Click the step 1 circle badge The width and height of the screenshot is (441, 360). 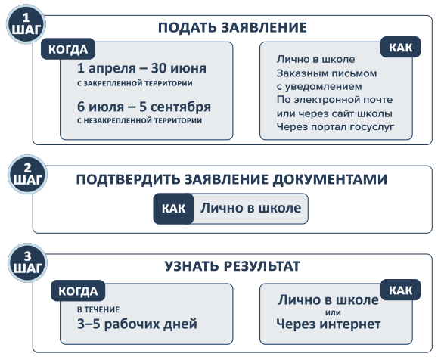point(26,24)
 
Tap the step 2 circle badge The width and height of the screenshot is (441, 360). point(27,175)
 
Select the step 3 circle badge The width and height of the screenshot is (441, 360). point(27,262)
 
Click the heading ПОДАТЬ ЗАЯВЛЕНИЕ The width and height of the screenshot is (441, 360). point(232,27)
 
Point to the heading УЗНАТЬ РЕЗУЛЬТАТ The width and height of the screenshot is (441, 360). point(232,266)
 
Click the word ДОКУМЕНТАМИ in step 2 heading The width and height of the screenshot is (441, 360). point(330,179)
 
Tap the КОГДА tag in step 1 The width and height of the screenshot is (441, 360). point(68,49)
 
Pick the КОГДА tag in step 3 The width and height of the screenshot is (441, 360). point(78,291)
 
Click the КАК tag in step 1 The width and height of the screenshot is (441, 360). point(400,47)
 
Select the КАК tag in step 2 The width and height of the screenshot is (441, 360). point(173,209)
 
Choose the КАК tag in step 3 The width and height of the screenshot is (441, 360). point(400,290)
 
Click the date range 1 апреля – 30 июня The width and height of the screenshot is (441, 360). point(141,68)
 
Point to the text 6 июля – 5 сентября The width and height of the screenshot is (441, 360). point(144,107)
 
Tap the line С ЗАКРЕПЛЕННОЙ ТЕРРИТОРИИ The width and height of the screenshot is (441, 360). point(135,83)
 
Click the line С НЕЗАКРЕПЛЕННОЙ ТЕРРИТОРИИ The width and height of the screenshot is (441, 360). point(139,121)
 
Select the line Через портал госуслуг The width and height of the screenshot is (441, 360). point(335,127)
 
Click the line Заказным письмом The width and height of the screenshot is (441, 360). point(327,73)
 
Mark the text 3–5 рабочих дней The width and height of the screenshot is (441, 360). point(137,324)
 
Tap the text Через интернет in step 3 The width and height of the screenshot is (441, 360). point(328,324)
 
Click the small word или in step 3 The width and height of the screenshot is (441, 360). point(333,312)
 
